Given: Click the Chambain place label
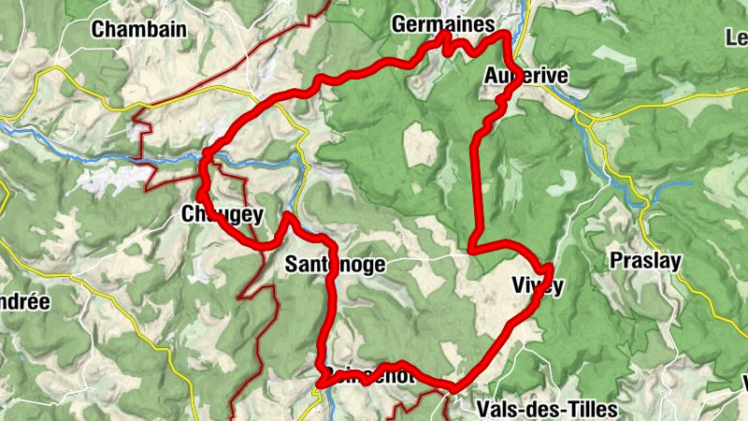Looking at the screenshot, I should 138,29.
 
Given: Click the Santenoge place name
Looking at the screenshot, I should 335,265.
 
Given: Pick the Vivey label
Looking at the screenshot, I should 538,285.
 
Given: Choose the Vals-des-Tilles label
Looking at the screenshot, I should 547,409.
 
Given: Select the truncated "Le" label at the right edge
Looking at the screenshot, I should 736,38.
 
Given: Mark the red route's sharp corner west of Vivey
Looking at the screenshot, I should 472,250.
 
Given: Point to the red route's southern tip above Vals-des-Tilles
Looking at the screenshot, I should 454,387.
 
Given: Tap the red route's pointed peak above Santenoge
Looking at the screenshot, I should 286,216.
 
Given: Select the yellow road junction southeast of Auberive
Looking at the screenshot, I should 585,119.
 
